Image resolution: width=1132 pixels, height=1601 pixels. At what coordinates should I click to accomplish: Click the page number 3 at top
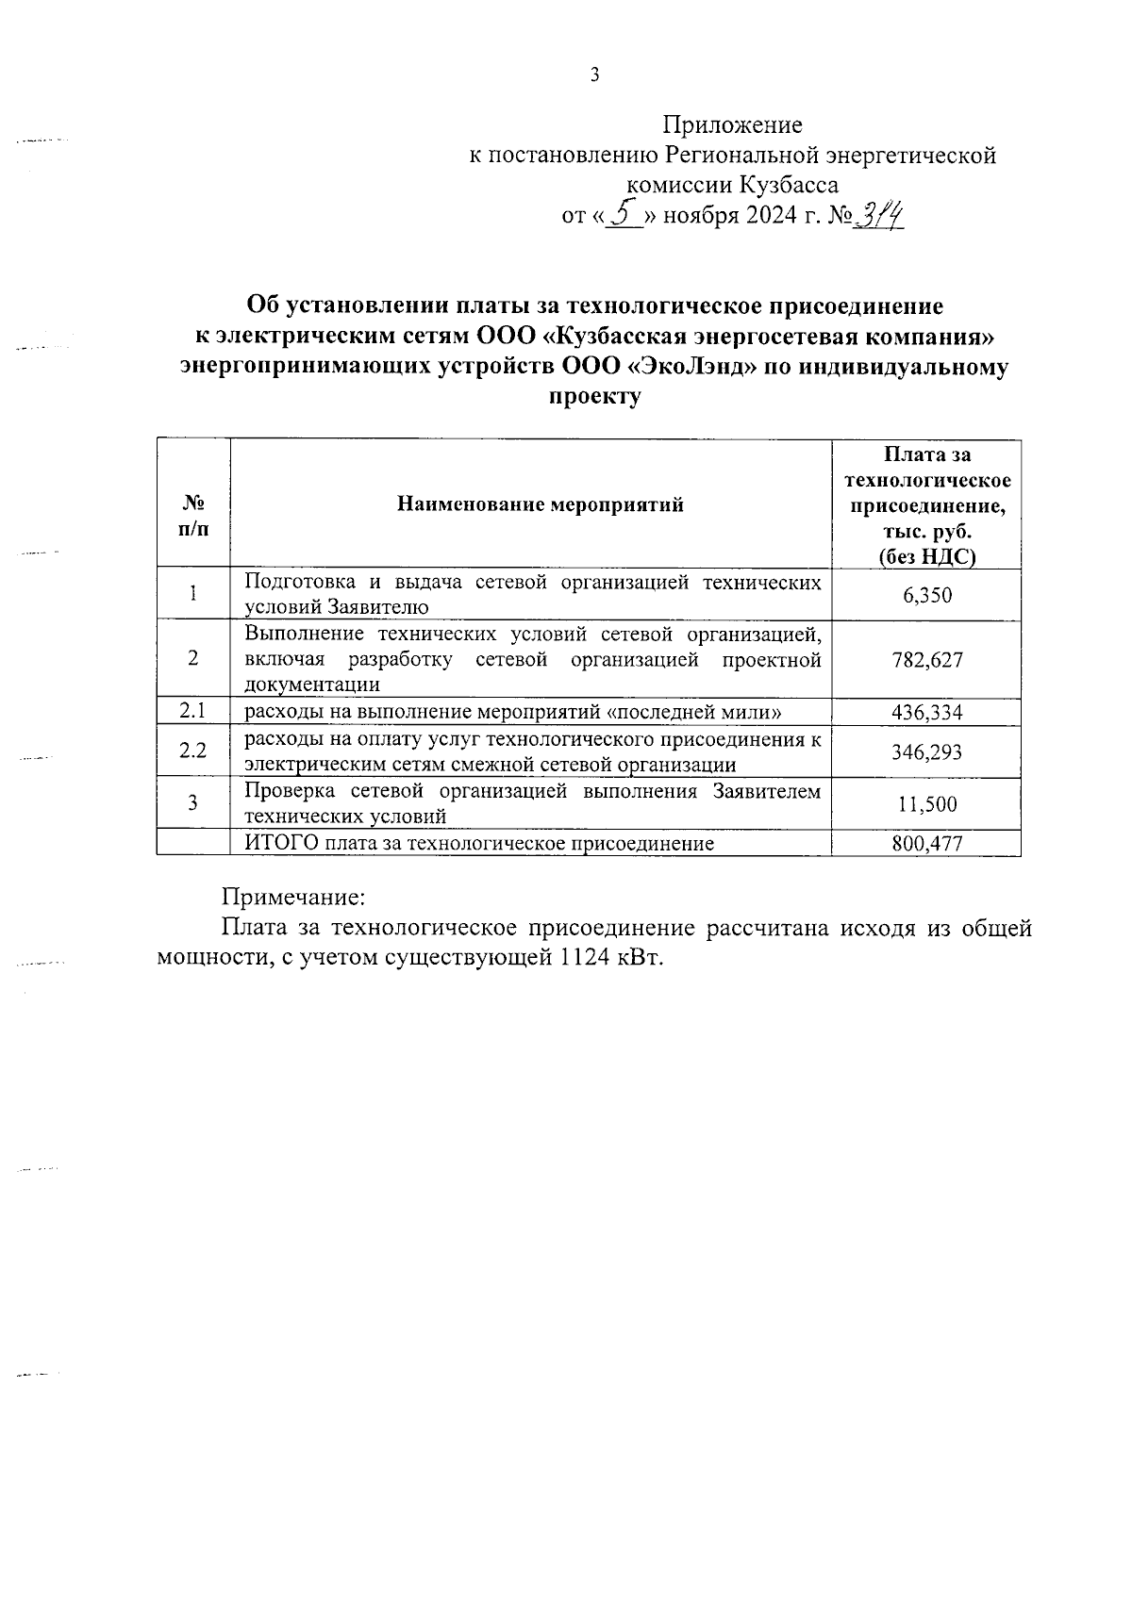point(594,76)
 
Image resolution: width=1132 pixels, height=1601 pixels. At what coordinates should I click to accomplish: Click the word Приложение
point(732,124)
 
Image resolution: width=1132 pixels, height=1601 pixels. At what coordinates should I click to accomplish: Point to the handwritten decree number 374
point(878,216)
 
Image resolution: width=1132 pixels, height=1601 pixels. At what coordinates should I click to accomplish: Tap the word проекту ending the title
point(594,397)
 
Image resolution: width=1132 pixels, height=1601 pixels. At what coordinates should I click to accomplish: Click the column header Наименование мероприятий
point(540,504)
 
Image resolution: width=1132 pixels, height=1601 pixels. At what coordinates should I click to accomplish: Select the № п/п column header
point(193,515)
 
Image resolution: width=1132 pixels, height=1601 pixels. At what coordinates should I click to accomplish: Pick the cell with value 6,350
point(926,595)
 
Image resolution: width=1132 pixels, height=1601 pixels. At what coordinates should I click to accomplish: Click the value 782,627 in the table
point(926,660)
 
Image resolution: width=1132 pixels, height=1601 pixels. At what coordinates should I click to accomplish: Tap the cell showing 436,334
point(926,712)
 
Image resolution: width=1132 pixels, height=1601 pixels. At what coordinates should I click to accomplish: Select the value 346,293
point(926,751)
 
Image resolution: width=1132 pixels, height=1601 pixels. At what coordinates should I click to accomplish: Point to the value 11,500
point(926,803)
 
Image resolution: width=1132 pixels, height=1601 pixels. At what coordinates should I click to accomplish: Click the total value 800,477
point(926,843)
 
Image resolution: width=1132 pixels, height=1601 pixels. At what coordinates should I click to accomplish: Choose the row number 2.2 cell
point(193,751)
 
